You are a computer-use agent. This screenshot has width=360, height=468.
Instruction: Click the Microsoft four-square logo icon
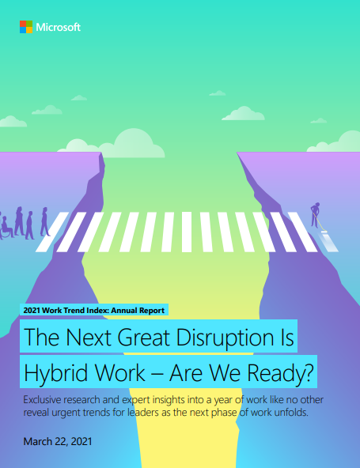coord(26,27)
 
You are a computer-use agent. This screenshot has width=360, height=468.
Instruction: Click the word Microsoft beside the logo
coord(59,27)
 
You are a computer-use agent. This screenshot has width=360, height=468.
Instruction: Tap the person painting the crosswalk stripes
coord(315,215)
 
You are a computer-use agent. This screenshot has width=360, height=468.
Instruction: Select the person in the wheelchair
coord(6,228)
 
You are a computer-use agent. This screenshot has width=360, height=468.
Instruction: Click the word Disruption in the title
coord(225,338)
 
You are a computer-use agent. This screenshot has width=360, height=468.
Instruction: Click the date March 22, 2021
coord(58,441)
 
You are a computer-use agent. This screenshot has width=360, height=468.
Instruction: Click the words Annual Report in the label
coord(138,311)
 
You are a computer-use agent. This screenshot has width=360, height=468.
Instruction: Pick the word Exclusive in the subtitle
coord(42,399)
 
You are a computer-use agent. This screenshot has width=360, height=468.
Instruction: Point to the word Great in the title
coord(145,338)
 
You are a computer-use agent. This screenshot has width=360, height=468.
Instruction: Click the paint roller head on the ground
coord(324,231)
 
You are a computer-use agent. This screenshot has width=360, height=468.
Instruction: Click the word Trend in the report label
coord(76,311)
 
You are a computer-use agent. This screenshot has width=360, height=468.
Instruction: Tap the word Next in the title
coord(89,338)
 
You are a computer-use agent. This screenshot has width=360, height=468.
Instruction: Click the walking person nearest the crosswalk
coord(45,222)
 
